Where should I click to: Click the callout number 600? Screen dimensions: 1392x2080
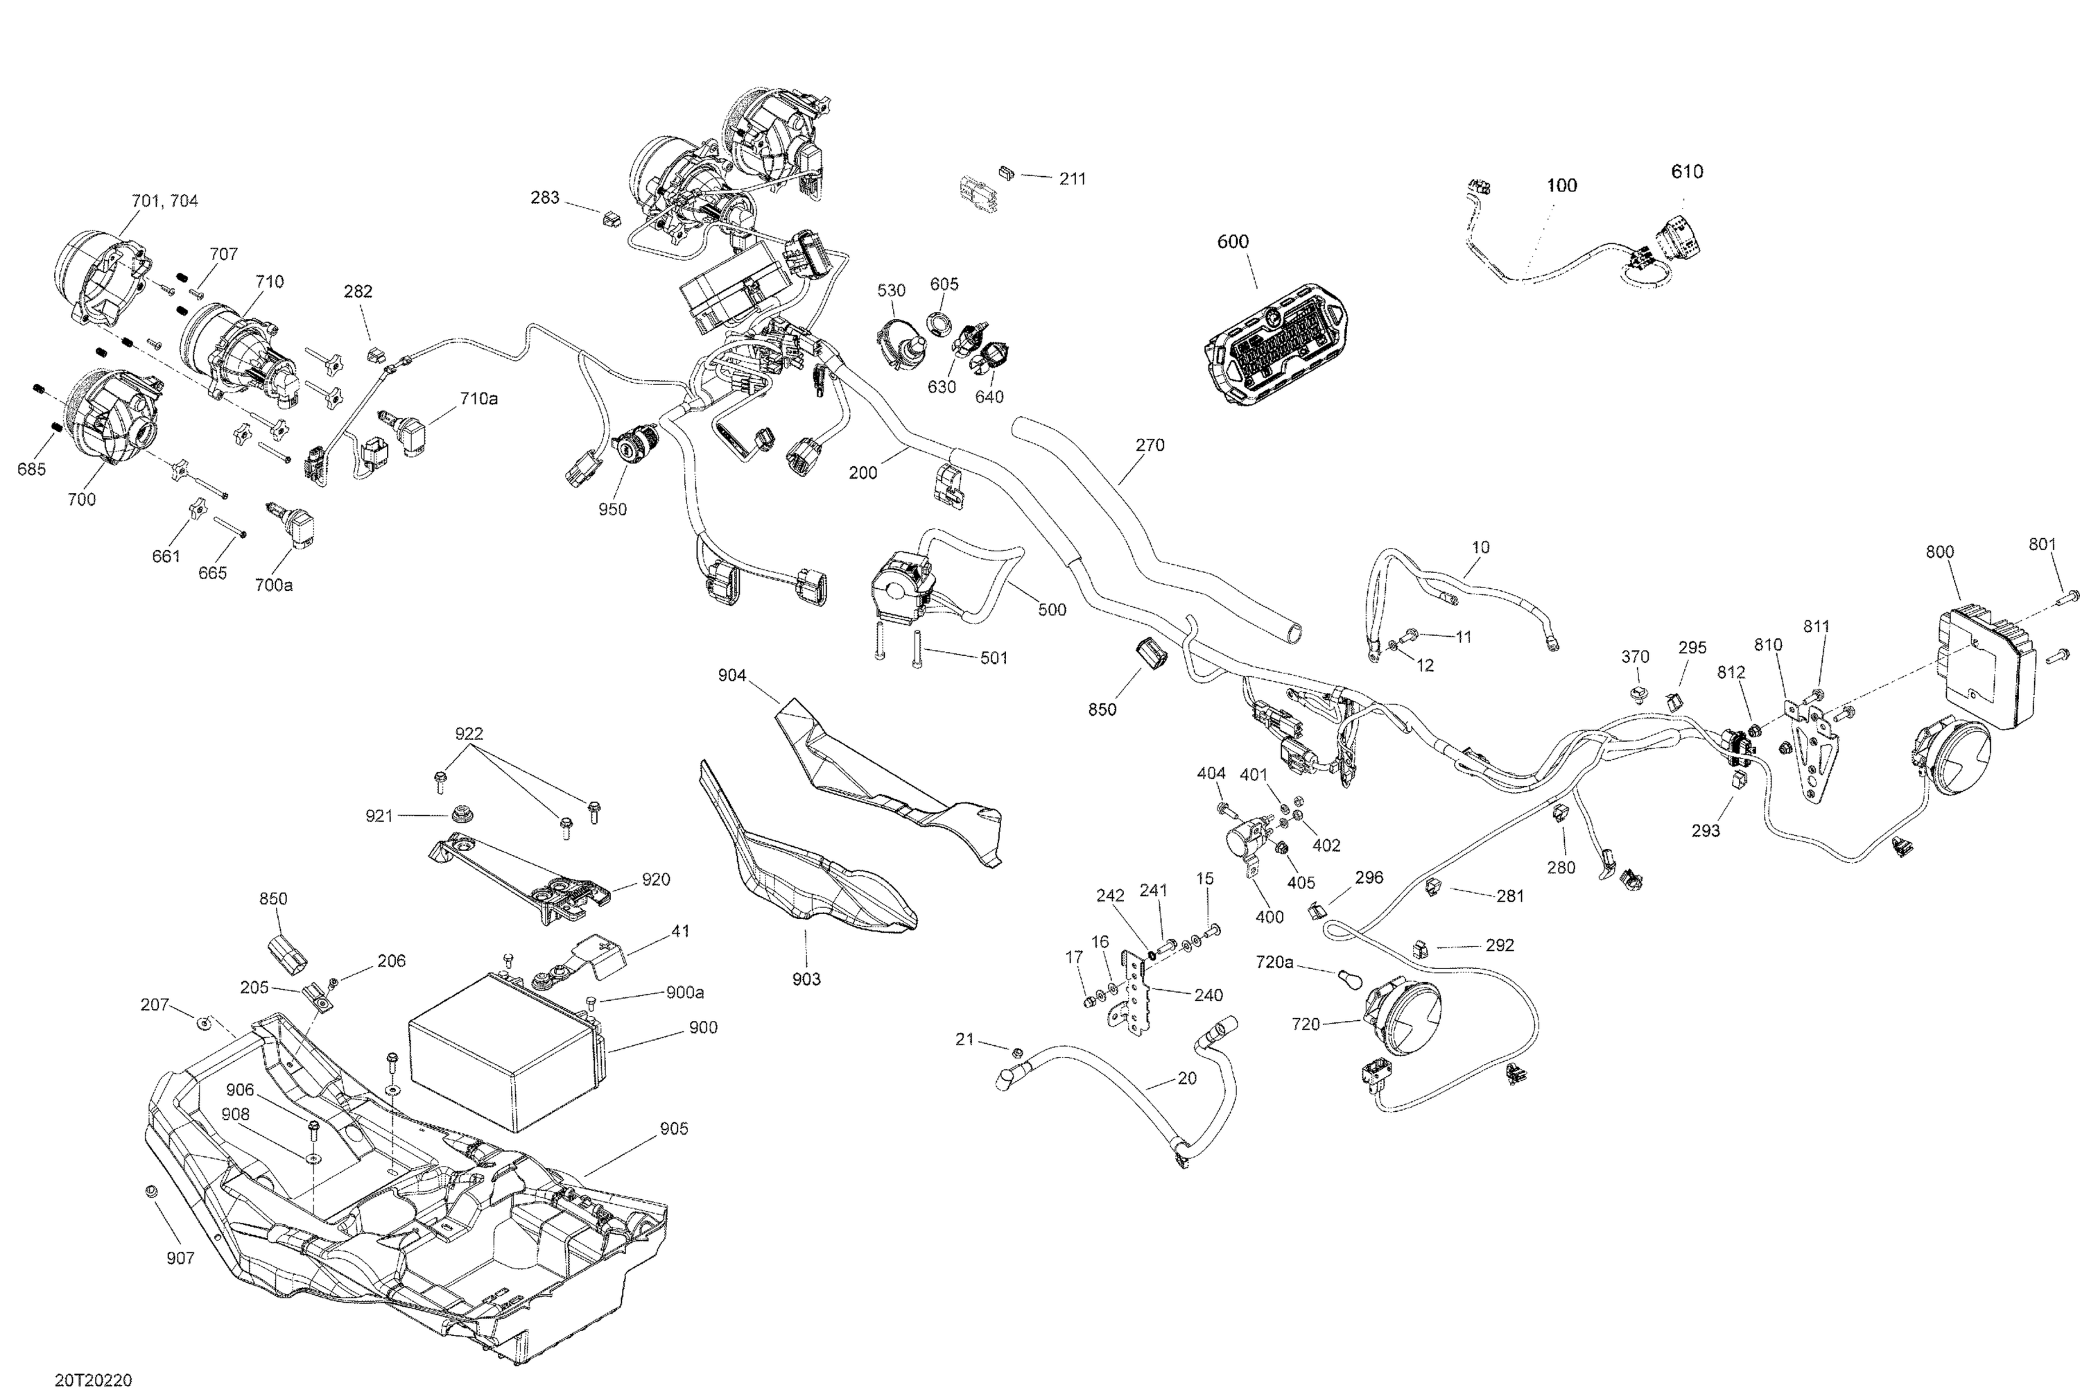1233,241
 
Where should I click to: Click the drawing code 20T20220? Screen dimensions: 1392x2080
93,1380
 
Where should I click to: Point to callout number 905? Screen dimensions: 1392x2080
673,1128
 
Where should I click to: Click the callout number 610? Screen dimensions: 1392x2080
1686,171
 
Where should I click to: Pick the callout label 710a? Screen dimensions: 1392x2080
478,399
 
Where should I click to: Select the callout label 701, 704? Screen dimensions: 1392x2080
165,200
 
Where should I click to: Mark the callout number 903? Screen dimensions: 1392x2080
806,979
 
